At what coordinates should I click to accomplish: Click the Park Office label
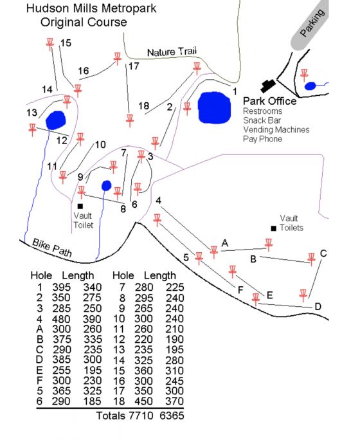tap(269, 101)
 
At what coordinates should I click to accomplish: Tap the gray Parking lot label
tap(312, 23)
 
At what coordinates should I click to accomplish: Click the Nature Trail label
tap(172, 51)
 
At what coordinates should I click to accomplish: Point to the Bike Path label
tap(52, 248)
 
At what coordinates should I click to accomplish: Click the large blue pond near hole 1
tap(215, 107)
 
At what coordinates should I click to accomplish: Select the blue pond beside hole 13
tap(55, 120)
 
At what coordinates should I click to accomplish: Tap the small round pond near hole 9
tap(106, 185)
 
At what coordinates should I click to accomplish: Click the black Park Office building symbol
tap(268, 86)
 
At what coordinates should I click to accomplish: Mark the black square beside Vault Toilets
tap(274, 228)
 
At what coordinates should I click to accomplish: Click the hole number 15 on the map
tap(66, 43)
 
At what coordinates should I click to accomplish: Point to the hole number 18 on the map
tap(143, 105)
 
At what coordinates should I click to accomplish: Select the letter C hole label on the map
tap(323, 253)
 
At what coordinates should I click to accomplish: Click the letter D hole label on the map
tap(318, 306)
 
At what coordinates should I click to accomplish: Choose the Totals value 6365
tap(172, 416)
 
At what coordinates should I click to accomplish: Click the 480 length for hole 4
tap(61, 319)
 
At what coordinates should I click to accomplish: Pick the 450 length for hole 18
tap(143, 401)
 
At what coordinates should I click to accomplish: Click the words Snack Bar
tap(262, 120)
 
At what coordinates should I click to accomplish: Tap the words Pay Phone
tap(262, 139)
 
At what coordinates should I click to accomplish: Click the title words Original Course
tap(84, 22)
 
